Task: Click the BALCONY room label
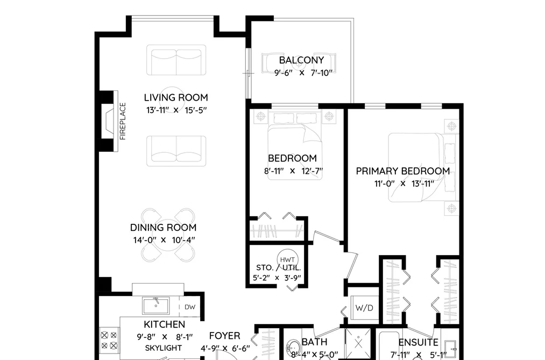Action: [301, 60]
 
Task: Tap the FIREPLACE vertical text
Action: [123, 121]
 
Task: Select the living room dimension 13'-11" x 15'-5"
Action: [176, 110]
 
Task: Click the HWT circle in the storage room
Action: [287, 259]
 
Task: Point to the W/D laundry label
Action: [364, 308]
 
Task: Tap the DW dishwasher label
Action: [190, 307]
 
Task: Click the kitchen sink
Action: [156, 306]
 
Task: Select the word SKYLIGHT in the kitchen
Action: [164, 348]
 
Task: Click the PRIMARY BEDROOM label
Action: [403, 171]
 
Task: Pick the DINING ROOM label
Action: [164, 228]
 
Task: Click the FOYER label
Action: [224, 336]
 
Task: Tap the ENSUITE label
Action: [418, 343]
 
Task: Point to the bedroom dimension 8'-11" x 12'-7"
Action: [293, 171]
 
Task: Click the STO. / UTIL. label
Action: [278, 268]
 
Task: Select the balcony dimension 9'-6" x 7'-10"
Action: [303, 73]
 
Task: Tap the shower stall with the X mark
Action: [358, 343]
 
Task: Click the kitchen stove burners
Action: [109, 341]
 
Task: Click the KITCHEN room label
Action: [165, 324]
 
